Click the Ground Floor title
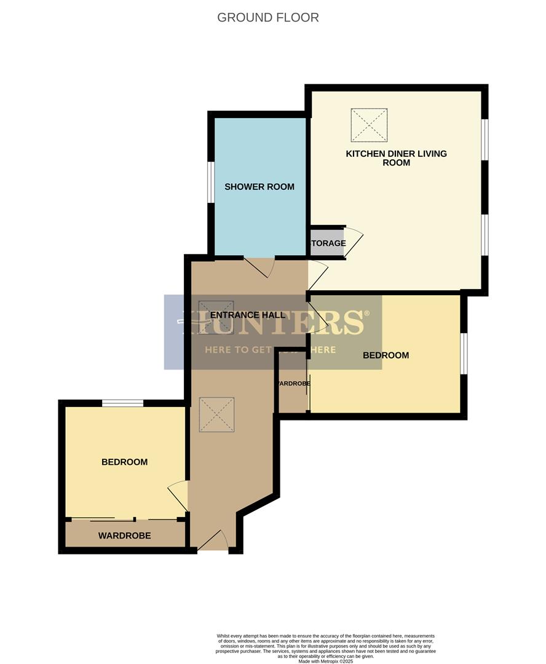[x=268, y=17]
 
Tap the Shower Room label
[x=259, y=187]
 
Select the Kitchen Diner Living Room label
[x=396, y=158]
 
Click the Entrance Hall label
[x=248, y=315]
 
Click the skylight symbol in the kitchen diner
[x=369, y=125]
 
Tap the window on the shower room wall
[x=210, y=182]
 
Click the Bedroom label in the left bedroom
[x=124, y=462]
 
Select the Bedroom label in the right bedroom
[x=386, y=355]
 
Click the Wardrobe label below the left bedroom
[x=124, y=536]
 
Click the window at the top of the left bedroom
[x=122, y=403]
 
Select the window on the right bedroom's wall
[x=464, y=354]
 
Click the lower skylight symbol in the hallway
[x=216, y=414]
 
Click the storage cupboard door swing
[x=354, y=241]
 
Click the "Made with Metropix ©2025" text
[x=326, y=661]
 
